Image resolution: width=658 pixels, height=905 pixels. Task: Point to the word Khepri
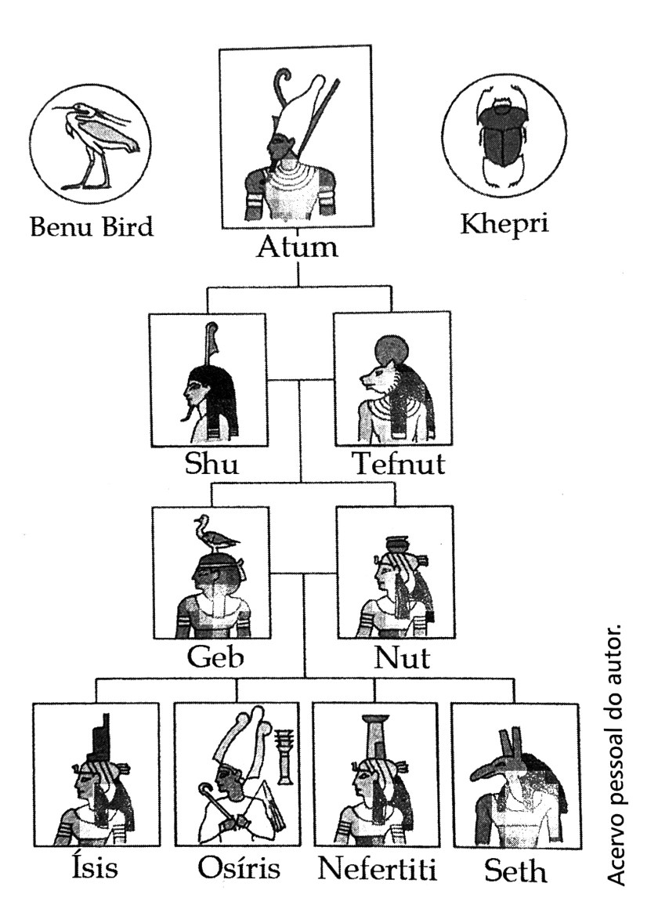(504, 224)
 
